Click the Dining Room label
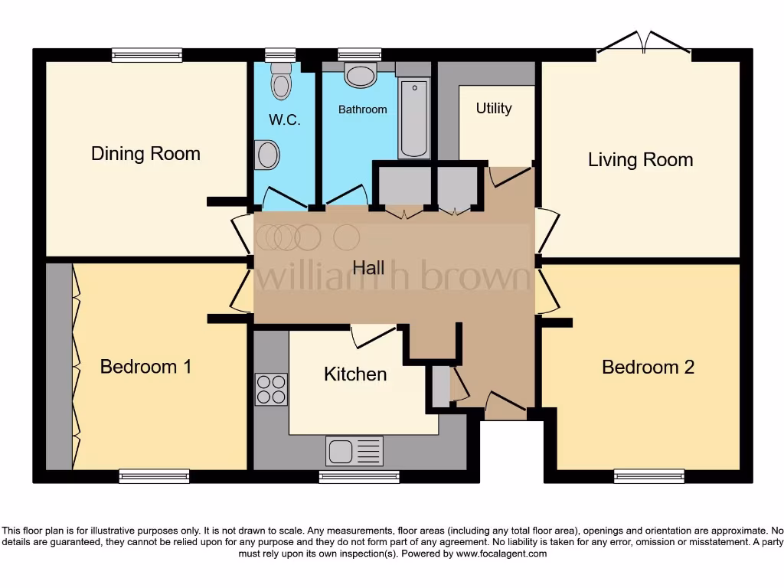[145, 153]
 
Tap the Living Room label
[641, 159]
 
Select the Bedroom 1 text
[145, 367]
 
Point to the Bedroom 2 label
[648, 367]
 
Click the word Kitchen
[355, 374]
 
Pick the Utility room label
[494, 109]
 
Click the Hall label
[368, 267]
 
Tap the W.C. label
[285, 119]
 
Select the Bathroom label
[362, 109]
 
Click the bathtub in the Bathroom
[414, 119]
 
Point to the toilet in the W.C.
[281, 80]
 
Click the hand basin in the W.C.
[267, 155]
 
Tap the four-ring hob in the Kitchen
[271, 389]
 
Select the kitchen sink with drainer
[354, 450]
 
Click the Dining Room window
[147, 55]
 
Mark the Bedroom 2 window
[649, 476]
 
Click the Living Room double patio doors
[643, 44]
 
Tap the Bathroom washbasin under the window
[360, 76]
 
